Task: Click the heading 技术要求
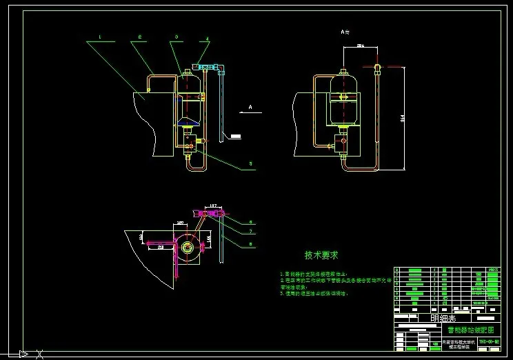coord(321,255)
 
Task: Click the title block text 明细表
coord(443,318)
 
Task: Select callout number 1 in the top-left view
coord(99,37)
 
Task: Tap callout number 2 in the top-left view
coord(140,37)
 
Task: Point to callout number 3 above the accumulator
coord(177,37)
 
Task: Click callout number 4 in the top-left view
coord(208,38)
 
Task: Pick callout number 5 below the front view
coord(250,164)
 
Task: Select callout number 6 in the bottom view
coord(251,223)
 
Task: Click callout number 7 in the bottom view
coord(251,232)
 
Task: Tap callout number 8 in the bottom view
coord(251,243)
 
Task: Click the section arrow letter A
coord(250,108)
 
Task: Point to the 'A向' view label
coord(345,32)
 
